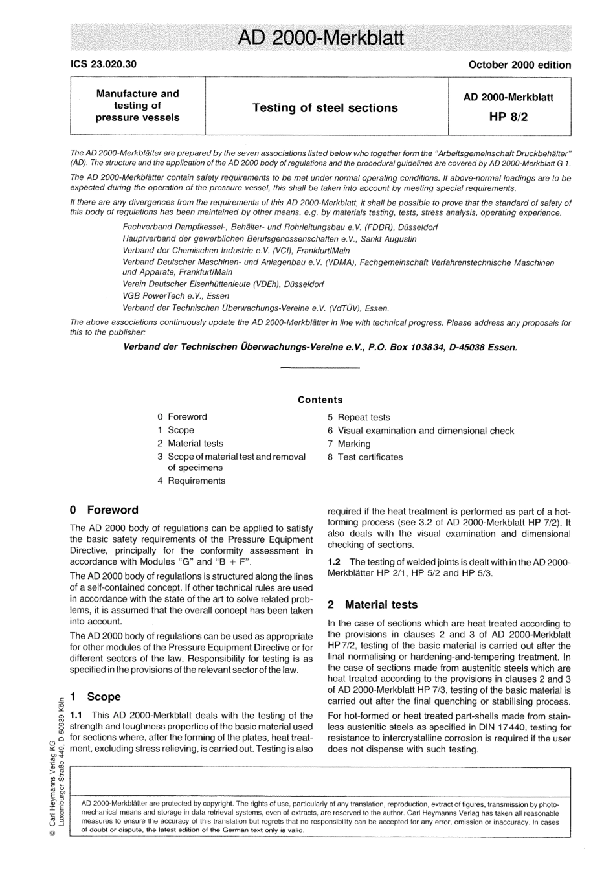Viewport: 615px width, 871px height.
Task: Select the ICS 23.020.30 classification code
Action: [x=103, y=64]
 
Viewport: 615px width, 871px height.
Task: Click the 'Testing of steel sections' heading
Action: [x=325, y=108]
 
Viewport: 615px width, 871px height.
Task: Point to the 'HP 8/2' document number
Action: [x=508, y=117]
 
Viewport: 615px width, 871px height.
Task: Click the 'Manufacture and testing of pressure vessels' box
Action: [x=137, y=106]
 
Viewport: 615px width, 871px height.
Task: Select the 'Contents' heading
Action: [x=320, y=400]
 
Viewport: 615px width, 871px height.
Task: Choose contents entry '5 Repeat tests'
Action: [x=359, y=418]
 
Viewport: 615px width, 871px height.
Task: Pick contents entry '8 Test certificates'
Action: [x=365, y=457]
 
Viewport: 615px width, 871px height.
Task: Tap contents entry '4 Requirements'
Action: [x=191, y=481]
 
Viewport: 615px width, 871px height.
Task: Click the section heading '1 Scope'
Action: [x=95, y=697]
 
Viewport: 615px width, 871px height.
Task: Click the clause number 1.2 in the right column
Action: [x=335, y=562]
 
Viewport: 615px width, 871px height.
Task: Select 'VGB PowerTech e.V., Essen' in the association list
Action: [x=175, y=296]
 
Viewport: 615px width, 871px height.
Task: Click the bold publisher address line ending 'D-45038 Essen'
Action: [x=320, y=347]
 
